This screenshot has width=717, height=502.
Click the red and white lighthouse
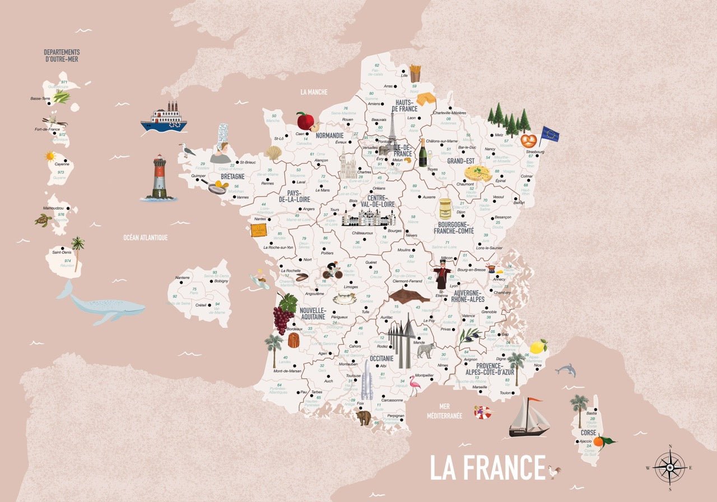point(160,176)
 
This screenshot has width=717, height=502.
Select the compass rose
point(670,466)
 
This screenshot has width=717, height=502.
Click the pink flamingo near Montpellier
point(415,384)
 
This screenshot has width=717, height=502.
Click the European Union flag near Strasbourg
point(549,134)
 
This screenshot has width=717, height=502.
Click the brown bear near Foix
point(364,417)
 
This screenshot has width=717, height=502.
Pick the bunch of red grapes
point(283,319)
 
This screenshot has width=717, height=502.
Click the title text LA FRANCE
point(487,467)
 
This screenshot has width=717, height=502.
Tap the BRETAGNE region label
point(232,176)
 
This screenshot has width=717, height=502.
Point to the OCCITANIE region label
point(381,358)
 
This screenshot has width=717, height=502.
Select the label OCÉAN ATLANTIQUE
point(145,238)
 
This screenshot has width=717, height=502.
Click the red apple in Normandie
point(305,120)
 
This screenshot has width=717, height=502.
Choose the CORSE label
point(588,433)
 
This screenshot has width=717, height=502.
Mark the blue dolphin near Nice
point(566,369)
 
